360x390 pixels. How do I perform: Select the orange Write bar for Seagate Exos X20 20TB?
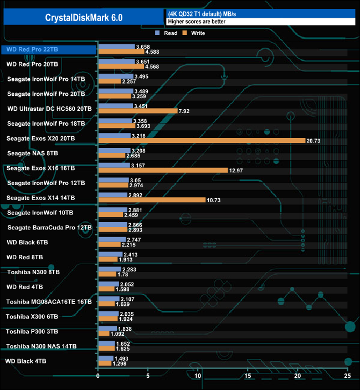pos(202,141)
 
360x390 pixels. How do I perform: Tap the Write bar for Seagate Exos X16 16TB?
pos(163,170)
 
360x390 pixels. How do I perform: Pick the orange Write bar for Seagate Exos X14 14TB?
pos(152,199)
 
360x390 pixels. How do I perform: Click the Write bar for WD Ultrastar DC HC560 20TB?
pos(137,111)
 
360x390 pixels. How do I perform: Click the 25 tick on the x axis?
pos(347,377)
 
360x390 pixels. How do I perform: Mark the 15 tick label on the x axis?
pos(248,377)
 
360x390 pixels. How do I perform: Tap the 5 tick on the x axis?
pos(148,377)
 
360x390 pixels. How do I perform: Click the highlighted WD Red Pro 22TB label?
pos(32,49)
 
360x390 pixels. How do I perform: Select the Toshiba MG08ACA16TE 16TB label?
pos(49,302)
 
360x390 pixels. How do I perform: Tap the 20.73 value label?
pos(314,141)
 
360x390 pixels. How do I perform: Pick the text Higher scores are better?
pos(193,22)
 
